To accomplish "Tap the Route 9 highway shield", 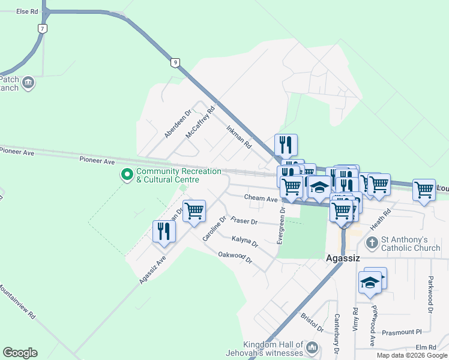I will click(174, 62).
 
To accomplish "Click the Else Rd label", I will click(27, 11).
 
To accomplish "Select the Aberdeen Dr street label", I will click(178, 124).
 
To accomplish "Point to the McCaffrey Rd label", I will click(200, 122).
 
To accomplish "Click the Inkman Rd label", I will click(239, 137).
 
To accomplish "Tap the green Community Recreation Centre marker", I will click(127, 175).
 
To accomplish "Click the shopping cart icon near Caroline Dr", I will click(194, 211).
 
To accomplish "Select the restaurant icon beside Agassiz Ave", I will click(164, 232).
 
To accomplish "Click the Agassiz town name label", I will click(342, 259).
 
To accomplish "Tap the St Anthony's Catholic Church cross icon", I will click(372, 243).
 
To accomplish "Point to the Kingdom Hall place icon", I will click(312, 348).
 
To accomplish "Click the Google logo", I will click(20, 353).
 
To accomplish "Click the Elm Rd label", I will click(425, 347).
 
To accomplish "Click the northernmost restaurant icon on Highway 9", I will click(286, 144).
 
